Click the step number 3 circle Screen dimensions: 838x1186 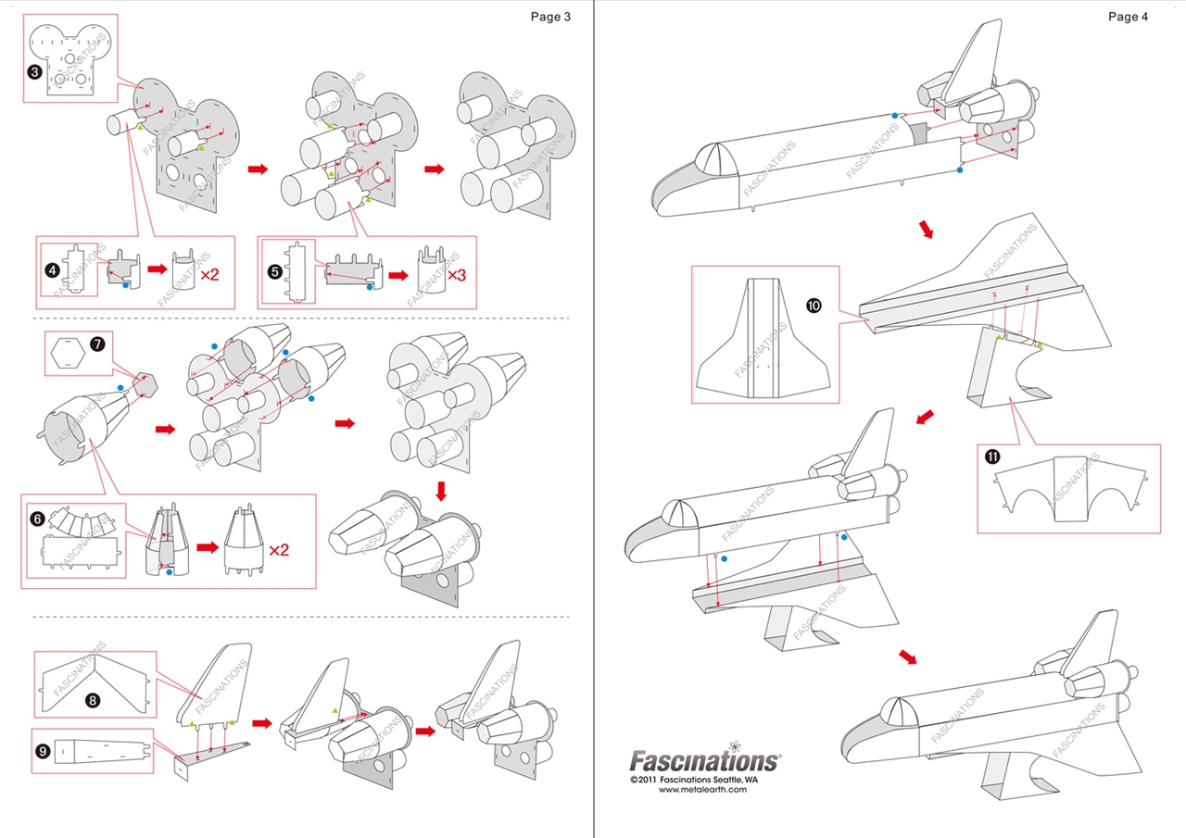pyautogui.click(x=33, y=71)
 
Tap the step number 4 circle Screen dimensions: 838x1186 pyautogui.click(x=53, y=270)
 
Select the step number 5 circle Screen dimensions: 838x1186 pyautogui.click(x=274, y=271)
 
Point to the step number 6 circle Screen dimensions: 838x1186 pyautogui.click(x=37, y=519)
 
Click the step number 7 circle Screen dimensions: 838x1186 pyautogui.click(x=97, y=344)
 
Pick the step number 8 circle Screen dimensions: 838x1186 pyautogui.click(x=93, y=700)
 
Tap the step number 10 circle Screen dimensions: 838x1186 pyautogui.click(x=814, y=306)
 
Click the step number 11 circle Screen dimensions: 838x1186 pyautogui.click(x=992, y=457)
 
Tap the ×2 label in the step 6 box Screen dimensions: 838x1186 pyautogui.click(x=279, y=550)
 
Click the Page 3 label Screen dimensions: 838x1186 pyautogui.click(x=550, y=16)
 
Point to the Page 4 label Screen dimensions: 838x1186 pyautogui.click(x=1128, y=16)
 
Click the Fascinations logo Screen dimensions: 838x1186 pyautogui.click(x=704, y=760)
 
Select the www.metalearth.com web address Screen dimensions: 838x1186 pyautogui.click(x=702, y=790)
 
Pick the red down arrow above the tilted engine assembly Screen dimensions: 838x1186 pyautogui.click(x=441, y=490)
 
